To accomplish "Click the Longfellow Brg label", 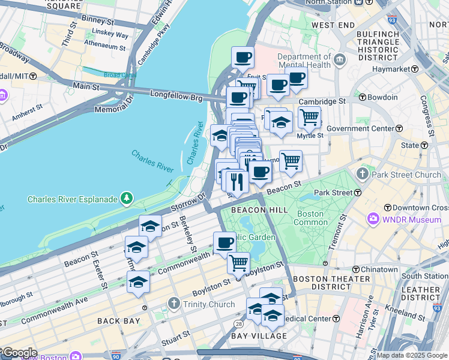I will pyautogui.click(x=178, y=95).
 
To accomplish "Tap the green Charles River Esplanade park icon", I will pyautogui.click(x=126, y=197).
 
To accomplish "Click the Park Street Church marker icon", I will pyautogui.click(x=363, y=175).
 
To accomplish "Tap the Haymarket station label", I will pyautogui.click(x=384, y=70).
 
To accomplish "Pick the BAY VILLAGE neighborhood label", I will pyautogui.click(x=258, y=337).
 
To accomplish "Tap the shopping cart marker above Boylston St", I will pyautogui.click(x=239, y=262).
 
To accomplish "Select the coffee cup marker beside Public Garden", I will pyautogui.click(x=224, y=242).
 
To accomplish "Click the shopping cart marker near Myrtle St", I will pyautogui.click(x=309, y=116).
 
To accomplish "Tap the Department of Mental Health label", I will pyautogui.click(x=303, y=61).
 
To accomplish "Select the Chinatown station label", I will pyautogui.click(x=378, y=269).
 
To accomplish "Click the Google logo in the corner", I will pyautogui.click(x=19, y=353).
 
